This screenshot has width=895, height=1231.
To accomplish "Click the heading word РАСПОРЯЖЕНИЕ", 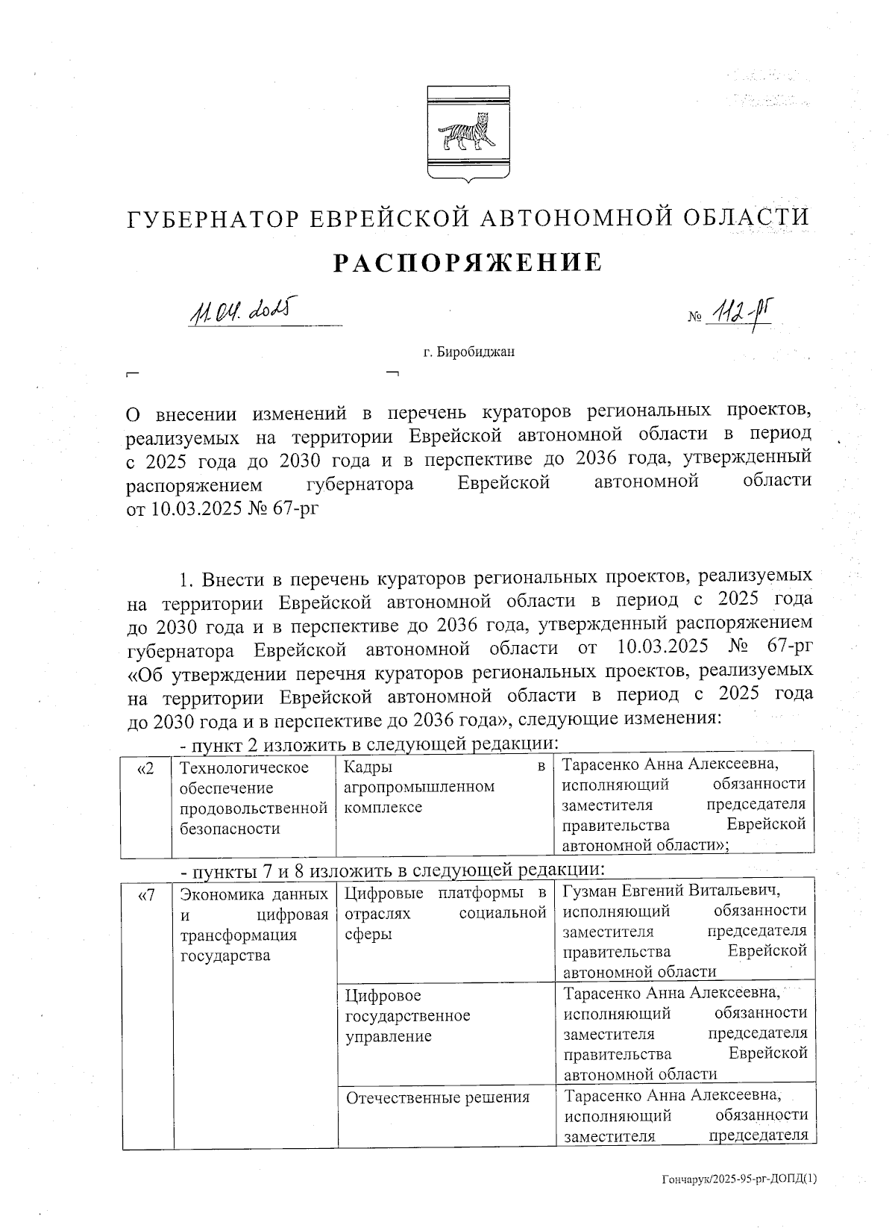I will point(467,263).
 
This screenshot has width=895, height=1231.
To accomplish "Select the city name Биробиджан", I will point(469,352).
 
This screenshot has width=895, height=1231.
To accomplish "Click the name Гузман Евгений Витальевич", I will point(671,891).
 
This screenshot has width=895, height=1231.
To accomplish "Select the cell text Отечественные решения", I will point(439,1097).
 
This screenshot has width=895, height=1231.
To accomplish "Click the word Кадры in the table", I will point(366,767).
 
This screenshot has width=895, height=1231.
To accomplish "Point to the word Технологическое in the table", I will point(245,768).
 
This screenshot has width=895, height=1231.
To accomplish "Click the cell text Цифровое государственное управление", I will point(407,1016).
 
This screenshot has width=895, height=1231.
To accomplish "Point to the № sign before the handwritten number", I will point(694,317).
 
